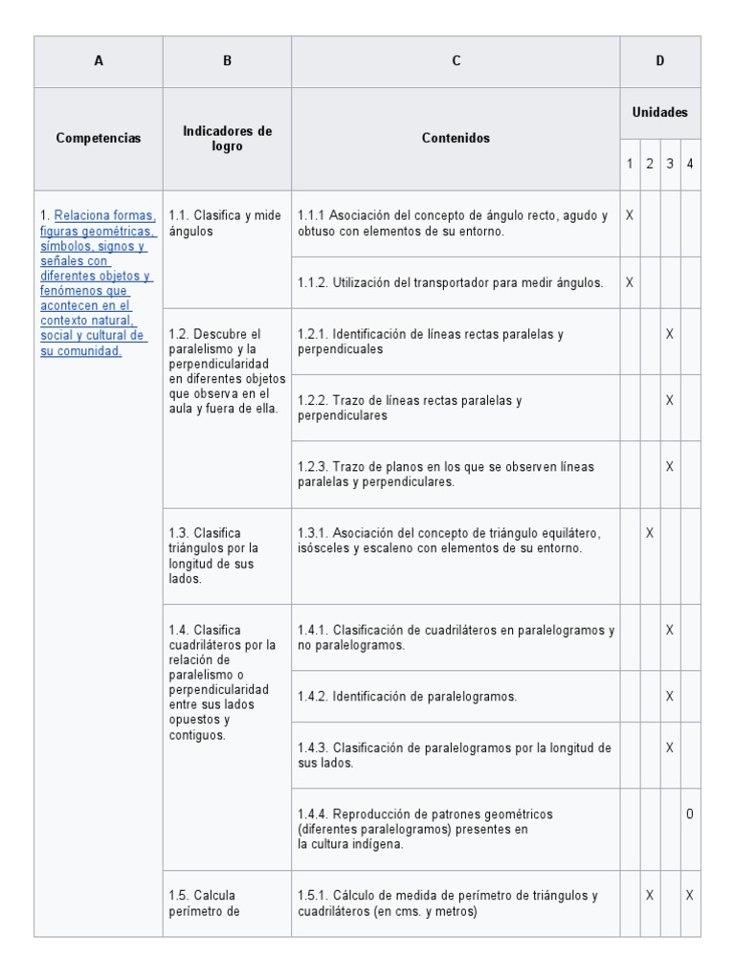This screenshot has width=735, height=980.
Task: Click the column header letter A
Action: [x=99, y=61]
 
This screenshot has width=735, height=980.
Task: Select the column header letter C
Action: [x=456, y=61]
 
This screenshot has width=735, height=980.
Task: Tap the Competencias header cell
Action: [x=99, y=138]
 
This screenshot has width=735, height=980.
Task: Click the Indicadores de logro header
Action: [x=227, y=138]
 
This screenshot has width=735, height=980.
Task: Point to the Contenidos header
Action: [x=456, y=138]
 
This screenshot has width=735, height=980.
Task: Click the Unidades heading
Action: [x=659, y=112]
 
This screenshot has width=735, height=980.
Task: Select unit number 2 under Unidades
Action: [x=649, y=164]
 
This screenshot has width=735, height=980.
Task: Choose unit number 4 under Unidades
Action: [x=690, y=164]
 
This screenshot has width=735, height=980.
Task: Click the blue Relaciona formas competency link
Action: [x=96, y=283]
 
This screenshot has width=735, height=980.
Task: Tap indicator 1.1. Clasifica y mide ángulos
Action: [x=225, y=223]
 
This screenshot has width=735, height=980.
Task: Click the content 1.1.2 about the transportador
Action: [x=450, y=282]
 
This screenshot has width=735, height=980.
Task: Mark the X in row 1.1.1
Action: [x=630, y=216]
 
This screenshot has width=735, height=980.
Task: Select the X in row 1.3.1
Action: [x=650, y=532]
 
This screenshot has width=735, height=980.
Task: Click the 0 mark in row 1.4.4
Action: [x=690, y=814]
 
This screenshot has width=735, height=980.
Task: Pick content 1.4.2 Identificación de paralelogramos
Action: [x=407, y=697]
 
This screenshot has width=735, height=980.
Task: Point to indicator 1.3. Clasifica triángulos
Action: [x=211, y=555]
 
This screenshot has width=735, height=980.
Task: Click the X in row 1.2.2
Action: [x=670, y=400]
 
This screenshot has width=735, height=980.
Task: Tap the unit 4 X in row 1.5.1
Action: [x=690, y=896]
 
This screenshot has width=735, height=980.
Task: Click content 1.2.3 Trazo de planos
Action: [x=445, y=474]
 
